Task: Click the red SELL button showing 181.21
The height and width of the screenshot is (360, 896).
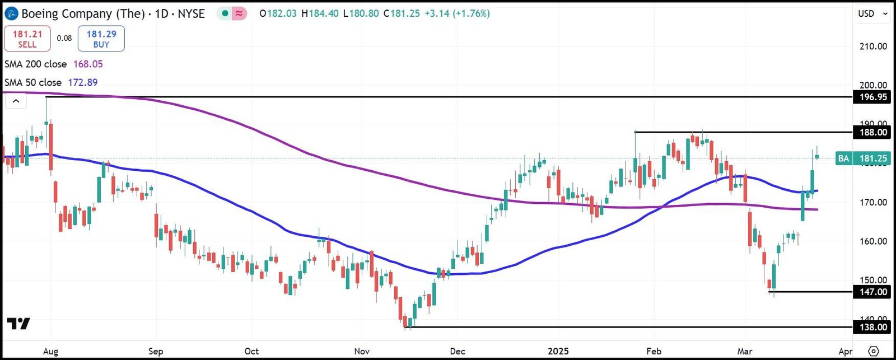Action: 27,39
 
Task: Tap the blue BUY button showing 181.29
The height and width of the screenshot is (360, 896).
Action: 101,39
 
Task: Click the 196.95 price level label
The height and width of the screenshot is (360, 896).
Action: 872,97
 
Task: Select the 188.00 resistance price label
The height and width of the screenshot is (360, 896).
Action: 872,133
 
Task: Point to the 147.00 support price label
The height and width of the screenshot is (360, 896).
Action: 872,292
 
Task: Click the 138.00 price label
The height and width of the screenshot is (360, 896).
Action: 872,327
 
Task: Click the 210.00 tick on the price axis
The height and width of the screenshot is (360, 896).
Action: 873,46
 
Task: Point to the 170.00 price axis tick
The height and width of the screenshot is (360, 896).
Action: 873,202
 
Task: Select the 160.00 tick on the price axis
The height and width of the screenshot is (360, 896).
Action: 873,241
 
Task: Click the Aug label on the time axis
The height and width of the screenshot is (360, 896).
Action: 50,351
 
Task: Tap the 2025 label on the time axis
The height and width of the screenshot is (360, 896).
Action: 558,351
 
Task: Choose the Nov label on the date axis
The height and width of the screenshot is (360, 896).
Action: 362,351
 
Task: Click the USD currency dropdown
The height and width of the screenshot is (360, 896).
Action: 872,13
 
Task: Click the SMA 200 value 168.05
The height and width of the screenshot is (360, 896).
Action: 88,64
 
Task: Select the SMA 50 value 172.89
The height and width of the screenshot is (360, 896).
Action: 83,82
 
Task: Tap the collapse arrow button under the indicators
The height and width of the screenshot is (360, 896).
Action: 16,101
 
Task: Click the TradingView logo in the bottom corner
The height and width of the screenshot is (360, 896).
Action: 18,324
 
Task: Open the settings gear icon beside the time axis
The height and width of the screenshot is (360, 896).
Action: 873,351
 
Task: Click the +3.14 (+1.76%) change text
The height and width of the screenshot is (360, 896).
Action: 457,13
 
